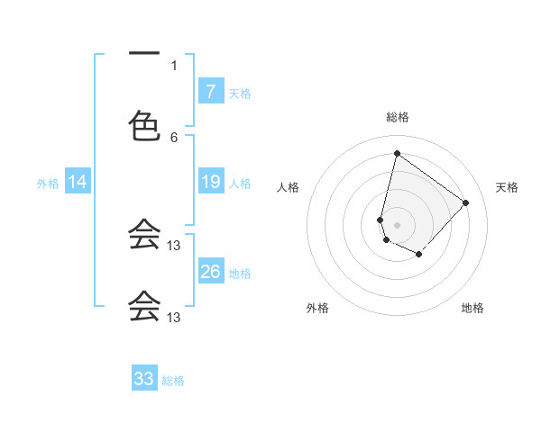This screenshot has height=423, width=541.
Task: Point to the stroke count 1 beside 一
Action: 174,65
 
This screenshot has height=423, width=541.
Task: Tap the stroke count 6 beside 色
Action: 174,137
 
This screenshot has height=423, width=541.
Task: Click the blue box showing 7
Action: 210,91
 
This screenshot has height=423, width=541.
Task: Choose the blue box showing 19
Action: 210,183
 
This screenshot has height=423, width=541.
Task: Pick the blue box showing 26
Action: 210,271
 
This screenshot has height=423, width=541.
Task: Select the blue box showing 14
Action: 78,183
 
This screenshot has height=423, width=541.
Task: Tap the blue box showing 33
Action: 144,379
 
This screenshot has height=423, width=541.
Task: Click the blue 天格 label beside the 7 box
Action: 240,93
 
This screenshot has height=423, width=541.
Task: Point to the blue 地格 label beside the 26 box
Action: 240,273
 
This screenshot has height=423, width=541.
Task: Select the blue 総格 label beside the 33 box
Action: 174,381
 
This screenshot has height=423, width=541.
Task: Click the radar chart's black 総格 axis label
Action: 397,118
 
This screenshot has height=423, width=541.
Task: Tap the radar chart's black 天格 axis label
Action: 508,187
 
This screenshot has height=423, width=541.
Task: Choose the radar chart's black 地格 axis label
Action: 472,308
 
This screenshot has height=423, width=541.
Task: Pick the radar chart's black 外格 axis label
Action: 317,308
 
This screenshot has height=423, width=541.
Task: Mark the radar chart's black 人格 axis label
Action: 289,187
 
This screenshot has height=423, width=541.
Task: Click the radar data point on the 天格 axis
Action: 465,202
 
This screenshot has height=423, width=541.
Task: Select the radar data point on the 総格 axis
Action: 397,154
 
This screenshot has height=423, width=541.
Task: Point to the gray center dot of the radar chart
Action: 397,224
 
